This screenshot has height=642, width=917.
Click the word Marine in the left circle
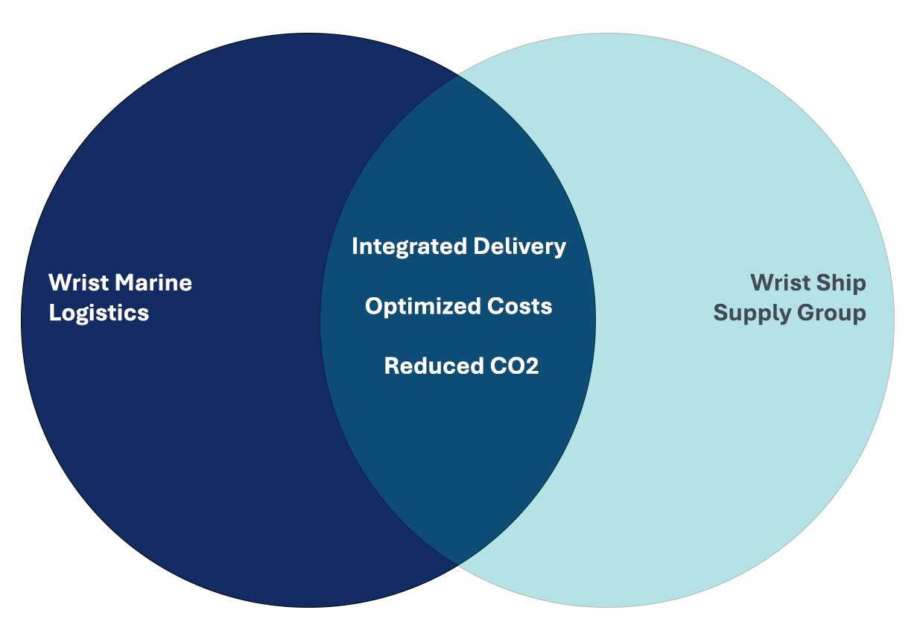(x=153, y=283)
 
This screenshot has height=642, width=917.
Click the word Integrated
(x=410, y=247)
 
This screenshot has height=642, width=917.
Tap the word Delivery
(x=519, y=247)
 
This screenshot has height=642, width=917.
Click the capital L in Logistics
(x=55, y=313)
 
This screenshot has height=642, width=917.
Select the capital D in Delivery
(x=482, y=246)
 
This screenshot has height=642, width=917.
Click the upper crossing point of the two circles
(x=457, y=75)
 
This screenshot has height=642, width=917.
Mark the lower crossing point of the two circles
(x=457, y=565)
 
